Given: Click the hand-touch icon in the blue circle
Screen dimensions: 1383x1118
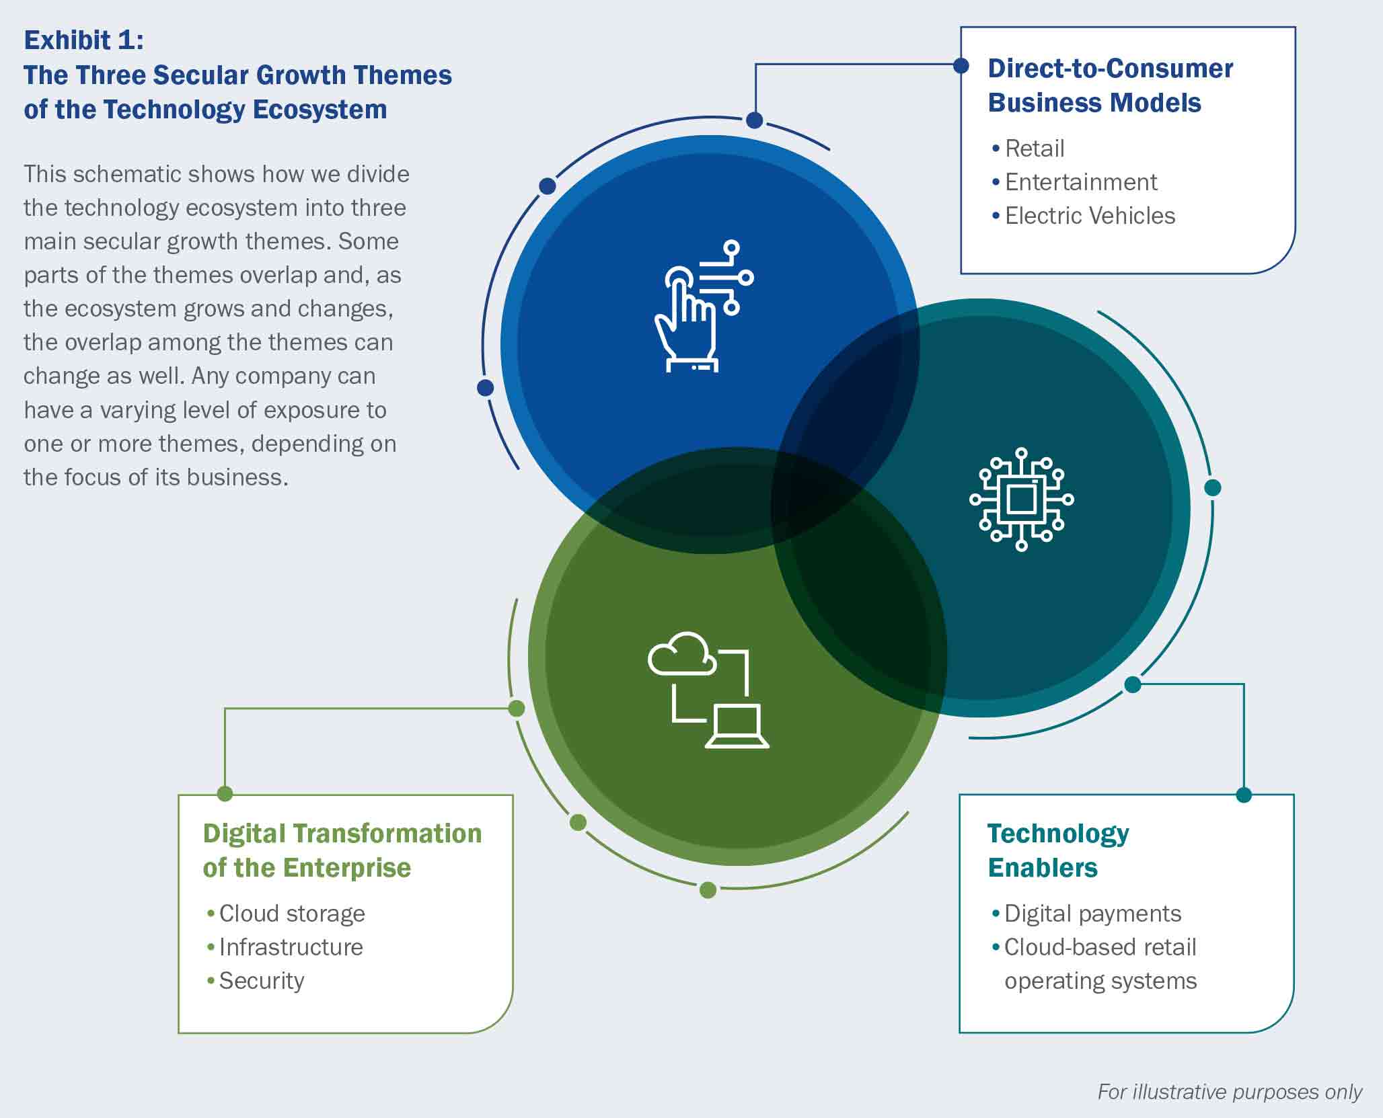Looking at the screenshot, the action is (x=704, y=306).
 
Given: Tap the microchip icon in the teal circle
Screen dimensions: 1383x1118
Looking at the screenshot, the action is (x=1021, y=500).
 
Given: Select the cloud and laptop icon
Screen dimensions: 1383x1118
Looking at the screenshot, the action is (x=708, y=690).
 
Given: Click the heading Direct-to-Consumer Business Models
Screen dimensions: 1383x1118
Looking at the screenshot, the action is (x=1110, y=85).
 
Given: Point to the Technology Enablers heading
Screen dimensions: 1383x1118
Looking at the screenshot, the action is (x=1058, y=850).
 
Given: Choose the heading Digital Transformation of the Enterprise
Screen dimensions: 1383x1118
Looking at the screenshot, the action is (x=342, y=850).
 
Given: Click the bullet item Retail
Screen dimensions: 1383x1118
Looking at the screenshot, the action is (x=1028, y=149).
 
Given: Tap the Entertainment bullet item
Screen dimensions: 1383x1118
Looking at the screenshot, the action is (x=1074, y=182).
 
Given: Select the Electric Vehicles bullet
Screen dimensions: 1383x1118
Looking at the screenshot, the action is (x=1083, y=216).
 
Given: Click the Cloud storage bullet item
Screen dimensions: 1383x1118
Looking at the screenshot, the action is (x=286, y=914).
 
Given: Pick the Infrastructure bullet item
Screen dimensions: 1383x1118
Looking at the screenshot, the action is (x=285, y=947).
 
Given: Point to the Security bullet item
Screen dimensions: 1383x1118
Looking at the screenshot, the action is (x=256, y=982).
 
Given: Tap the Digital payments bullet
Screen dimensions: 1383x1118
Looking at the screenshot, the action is (x=1086, y=914).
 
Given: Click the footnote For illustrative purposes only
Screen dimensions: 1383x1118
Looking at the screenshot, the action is (x=1230, y=1092).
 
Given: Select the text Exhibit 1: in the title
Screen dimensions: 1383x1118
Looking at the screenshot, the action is (x=84, y=40).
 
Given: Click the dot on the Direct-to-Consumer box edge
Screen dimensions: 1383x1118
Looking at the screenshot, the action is (x=961, y=65).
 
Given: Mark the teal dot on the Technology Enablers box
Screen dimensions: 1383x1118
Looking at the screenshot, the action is (x=1244, y=795).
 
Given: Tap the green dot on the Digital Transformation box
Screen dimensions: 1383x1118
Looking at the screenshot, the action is (x=225, y=794).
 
